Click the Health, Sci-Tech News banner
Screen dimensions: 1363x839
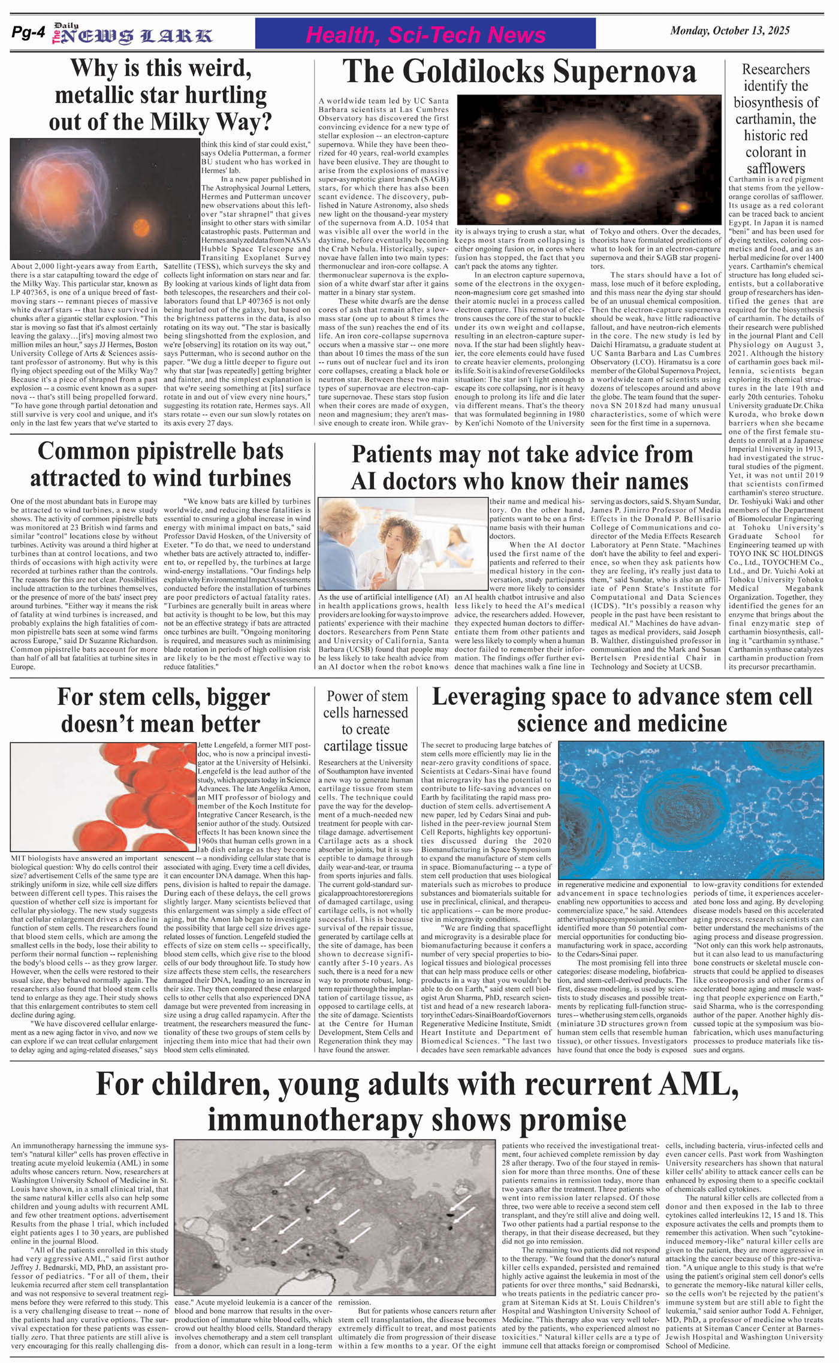pyautogui.click(x=425, y=34)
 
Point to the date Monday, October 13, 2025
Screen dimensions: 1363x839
pyautogui.click(x=729, y=31)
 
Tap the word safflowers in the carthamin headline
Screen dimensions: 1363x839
pyautogui.click(x=775, y=168)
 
